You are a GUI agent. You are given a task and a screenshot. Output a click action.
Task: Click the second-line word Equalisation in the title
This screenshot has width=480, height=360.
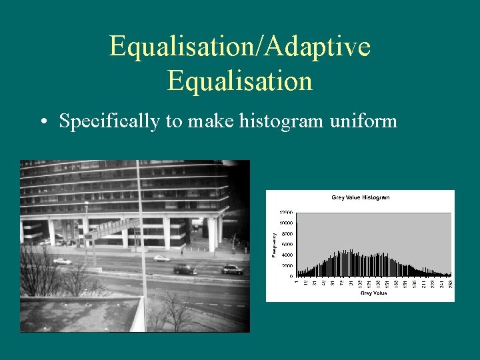[240, 81]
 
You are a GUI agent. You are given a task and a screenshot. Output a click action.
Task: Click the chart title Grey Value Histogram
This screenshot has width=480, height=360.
[360, 197]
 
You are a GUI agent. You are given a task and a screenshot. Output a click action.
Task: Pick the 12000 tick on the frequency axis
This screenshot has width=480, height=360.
[285, 213]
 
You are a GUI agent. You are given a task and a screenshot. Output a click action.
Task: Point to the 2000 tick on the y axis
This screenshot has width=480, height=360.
[287, 265]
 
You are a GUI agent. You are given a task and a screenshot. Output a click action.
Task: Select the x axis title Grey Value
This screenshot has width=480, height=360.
[373, 293]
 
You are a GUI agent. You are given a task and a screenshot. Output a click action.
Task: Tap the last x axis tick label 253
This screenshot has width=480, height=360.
[450, 283]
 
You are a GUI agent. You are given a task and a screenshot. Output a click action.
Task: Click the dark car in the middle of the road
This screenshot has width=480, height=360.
[185, 269]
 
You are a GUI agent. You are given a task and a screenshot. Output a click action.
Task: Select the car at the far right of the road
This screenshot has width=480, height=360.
[232, 269]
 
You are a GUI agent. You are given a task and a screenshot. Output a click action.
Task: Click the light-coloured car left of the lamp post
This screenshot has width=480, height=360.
[62, 261]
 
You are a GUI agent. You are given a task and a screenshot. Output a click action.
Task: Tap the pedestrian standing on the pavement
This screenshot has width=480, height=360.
[181, 252]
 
